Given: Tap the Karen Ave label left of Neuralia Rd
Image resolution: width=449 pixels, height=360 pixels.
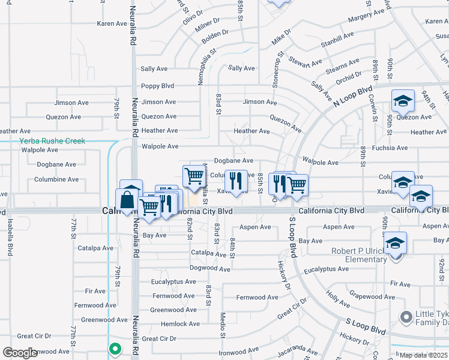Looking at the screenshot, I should pos(112,24).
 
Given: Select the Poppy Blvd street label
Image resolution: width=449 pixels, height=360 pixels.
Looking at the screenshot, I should pos(157,86).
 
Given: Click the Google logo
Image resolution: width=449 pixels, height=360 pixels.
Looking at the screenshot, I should pos(20,353).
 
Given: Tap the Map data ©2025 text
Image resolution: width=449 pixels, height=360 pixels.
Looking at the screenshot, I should pos(424,355).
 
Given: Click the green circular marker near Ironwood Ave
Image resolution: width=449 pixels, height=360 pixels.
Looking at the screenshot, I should pos(115,347).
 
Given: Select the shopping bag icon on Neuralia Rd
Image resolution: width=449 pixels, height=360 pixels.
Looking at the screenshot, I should pos(128,199).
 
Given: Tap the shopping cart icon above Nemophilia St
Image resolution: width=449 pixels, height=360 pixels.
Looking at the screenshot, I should pos(193,176).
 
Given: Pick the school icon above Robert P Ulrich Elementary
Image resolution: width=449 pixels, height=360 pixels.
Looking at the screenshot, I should pos(396,243).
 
